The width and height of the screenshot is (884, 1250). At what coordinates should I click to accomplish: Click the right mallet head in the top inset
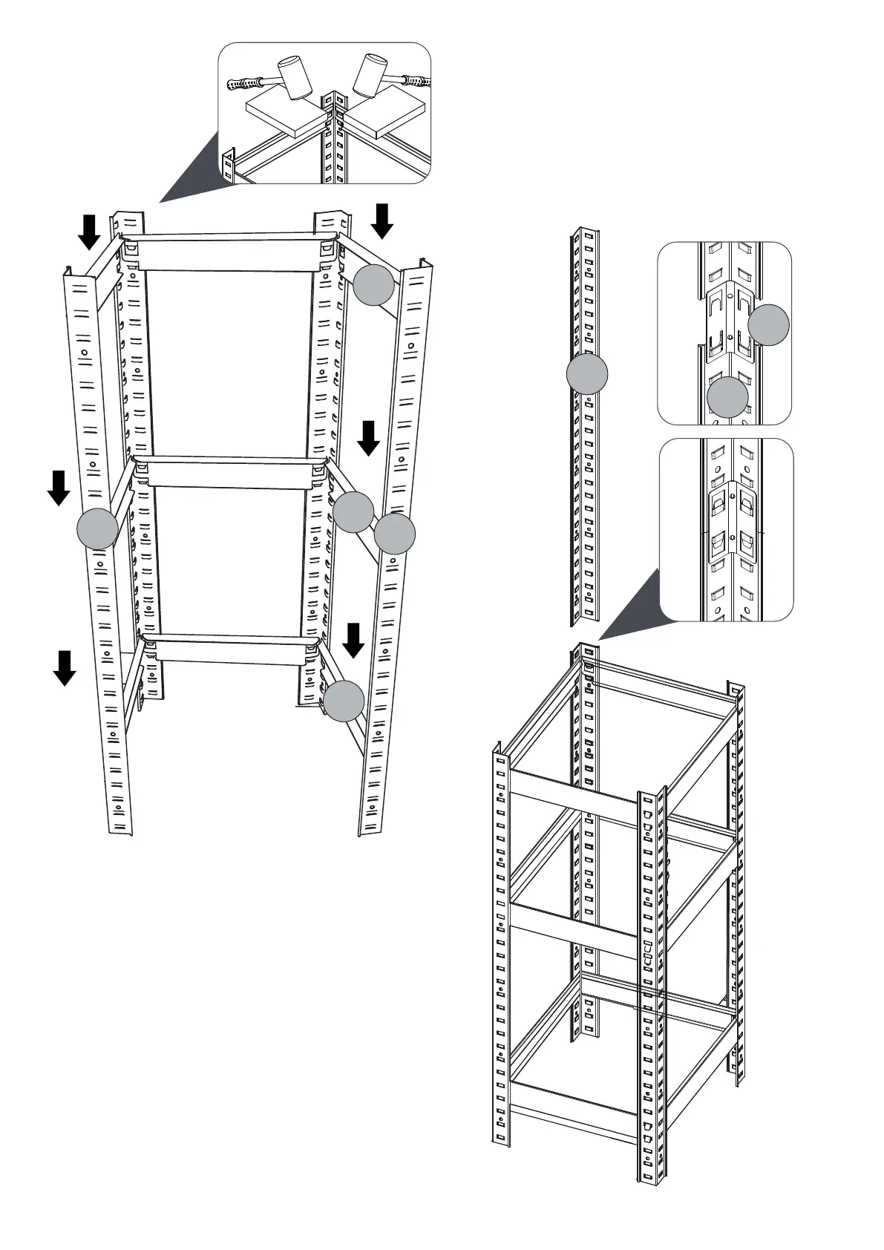pos(371,74)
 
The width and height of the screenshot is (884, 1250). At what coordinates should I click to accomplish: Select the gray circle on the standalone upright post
pos(587,373)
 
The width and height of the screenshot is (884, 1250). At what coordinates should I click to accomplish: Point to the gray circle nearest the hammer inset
pos(373,285)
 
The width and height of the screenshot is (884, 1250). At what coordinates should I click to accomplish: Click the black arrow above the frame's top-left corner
pos(89,231)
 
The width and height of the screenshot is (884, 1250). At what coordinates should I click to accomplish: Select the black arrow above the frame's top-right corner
pos(382,220)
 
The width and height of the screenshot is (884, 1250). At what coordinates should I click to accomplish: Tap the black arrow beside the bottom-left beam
pos(65,667)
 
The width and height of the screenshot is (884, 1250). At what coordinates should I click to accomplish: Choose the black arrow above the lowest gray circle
pos(353,640)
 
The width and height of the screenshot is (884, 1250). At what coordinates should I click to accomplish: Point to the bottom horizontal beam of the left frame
pos(232,648)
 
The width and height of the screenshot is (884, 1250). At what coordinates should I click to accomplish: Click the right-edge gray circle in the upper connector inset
pos(768,324)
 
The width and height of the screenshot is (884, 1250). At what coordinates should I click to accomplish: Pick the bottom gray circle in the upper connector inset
pos(727,396)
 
